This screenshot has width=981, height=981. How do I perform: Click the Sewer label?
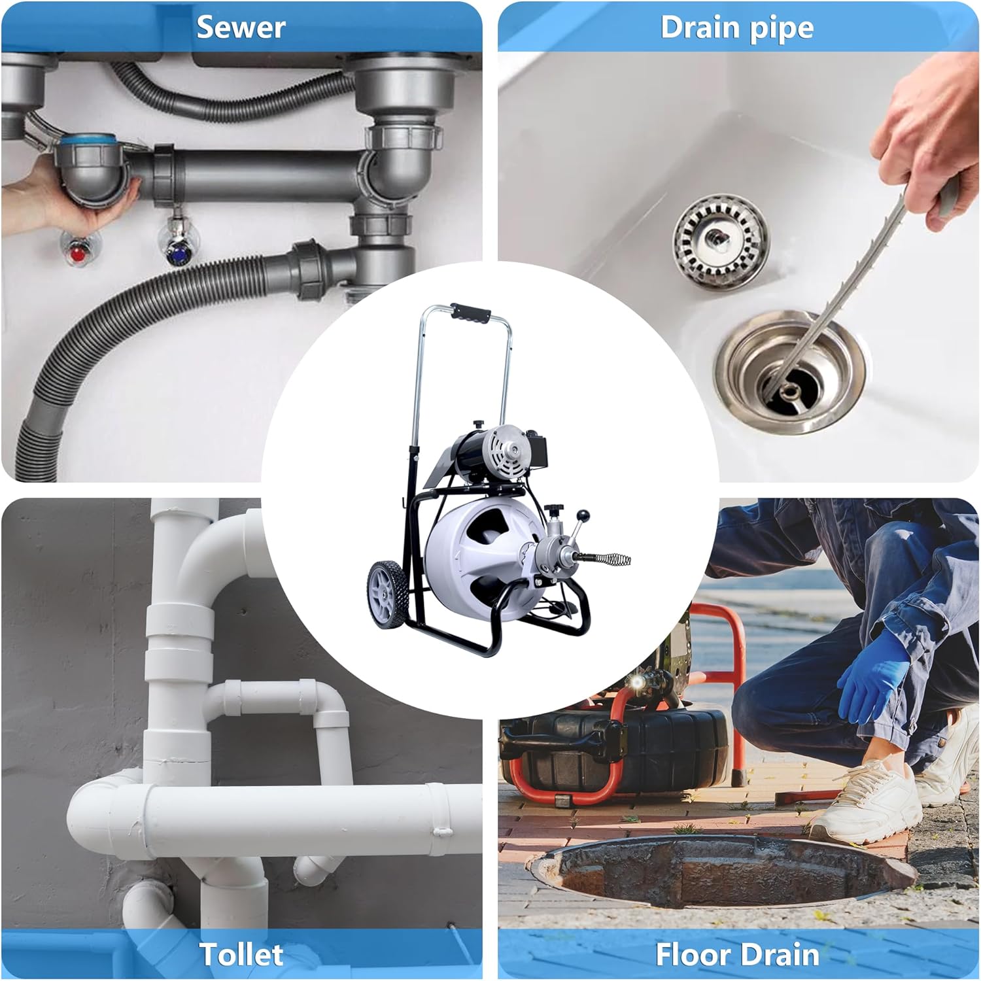[241, 27]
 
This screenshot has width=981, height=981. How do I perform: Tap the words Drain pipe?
[737, 27]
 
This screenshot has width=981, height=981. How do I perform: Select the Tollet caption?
[241, 954]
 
